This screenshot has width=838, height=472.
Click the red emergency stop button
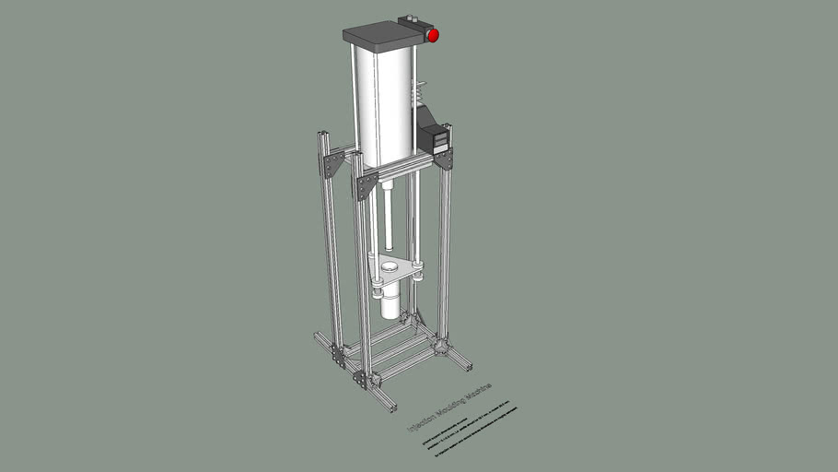433,35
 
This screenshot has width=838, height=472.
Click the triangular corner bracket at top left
332,165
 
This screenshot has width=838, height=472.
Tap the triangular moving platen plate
396,272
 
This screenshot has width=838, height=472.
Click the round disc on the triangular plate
390,266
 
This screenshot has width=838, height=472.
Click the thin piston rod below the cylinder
389,217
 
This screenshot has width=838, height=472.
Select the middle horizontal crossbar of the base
391,350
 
